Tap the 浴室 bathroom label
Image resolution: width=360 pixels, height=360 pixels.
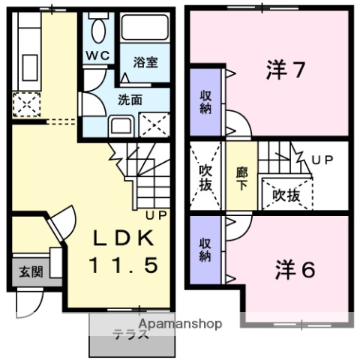[x=146, y=63]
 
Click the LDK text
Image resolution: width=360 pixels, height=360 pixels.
[x=124, y=239]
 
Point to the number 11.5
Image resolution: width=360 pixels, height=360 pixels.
[x=124, y=265]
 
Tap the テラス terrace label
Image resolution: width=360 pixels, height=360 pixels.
[x=130, y=335]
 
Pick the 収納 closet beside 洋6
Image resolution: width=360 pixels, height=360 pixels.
[x=205, y=250]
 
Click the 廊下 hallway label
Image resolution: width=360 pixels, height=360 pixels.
[x=241, y=177]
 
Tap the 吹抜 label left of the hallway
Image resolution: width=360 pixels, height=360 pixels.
[x=205, y=177]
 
